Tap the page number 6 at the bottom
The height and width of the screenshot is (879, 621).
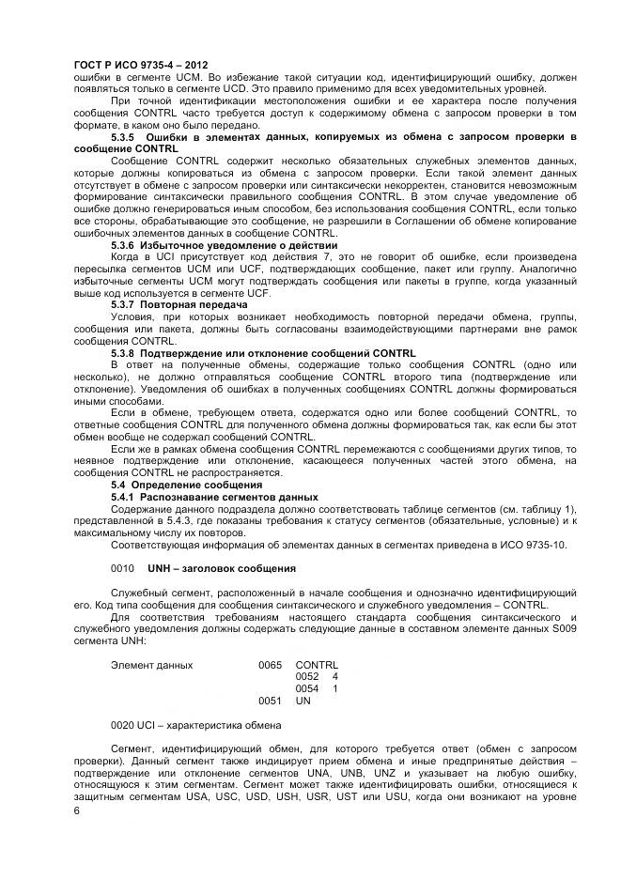click(x=77, y=810)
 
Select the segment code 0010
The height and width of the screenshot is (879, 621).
click(x=123, y=568)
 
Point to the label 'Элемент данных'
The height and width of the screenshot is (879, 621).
click(x=151, y=664)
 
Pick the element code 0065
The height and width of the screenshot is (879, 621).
click(x=270, y=664)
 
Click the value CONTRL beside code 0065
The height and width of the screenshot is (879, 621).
click(x=317, y=664)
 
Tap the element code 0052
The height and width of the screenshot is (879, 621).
click(x=307, y=676)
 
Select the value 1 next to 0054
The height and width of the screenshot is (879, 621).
click(x=334, y=688)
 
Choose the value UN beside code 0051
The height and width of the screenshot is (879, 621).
click(x=303, y=701)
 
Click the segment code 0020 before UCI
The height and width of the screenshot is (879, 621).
click(x=123, y=724)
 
